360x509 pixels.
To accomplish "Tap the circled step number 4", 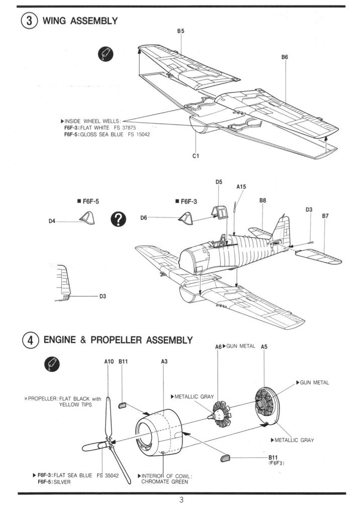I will [30, 341].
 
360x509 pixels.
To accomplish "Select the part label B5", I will [181, 31].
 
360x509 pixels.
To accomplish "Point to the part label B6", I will [285, 57].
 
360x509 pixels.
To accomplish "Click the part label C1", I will [196, 155].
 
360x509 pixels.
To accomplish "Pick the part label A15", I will [241, 187].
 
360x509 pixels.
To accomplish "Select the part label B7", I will [325, 216].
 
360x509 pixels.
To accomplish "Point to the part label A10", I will [109, 361].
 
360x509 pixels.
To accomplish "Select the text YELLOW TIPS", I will [75, 404].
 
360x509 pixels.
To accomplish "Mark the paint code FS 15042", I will [139, 135].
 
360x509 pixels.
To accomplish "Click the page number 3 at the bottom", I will [181, 500].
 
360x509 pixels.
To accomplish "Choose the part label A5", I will [264, 347].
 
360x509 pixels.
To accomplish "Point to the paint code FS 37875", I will [125, 128].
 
